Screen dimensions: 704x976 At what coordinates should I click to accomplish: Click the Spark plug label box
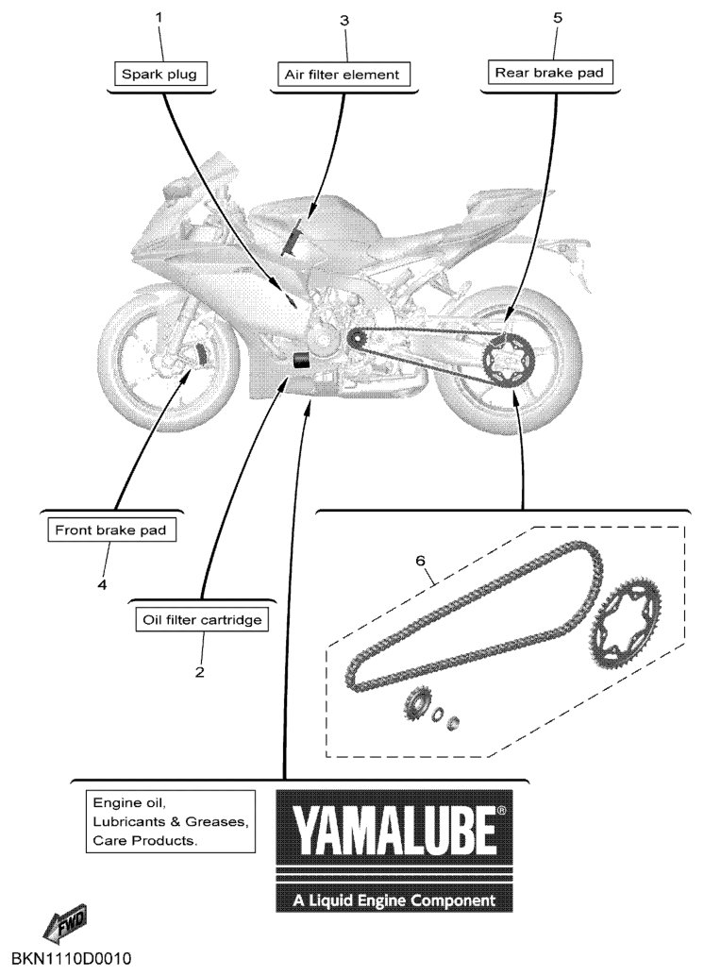(160, 74)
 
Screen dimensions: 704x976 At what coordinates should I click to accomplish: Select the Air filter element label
(343, 75)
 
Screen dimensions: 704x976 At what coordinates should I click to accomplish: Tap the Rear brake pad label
(549, 72)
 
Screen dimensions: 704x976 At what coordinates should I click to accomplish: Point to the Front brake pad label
(110, 530)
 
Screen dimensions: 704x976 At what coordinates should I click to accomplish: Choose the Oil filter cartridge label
(202, 620)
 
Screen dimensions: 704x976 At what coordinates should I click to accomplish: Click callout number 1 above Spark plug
(159, 17)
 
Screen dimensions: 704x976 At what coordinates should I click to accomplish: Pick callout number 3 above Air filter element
(344, 21)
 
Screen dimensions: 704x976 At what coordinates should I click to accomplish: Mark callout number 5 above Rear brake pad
(557, 17)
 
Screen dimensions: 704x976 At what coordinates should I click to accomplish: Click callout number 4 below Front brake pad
(102, 585)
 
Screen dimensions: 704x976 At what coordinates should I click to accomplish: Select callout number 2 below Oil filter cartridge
(199, 672)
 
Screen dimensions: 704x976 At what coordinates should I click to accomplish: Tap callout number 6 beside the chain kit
(421, 561)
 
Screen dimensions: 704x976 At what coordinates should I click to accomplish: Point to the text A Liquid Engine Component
(394, 900)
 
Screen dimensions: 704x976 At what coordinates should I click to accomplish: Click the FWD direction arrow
(65, 922)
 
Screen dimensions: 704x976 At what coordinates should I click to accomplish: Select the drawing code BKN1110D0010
(73, 957)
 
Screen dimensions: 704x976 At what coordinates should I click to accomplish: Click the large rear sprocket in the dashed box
(625, 622)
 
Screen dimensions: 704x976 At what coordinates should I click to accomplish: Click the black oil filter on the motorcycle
(302, 361)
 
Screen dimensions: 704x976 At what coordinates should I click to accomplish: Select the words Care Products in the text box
(145, 840)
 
